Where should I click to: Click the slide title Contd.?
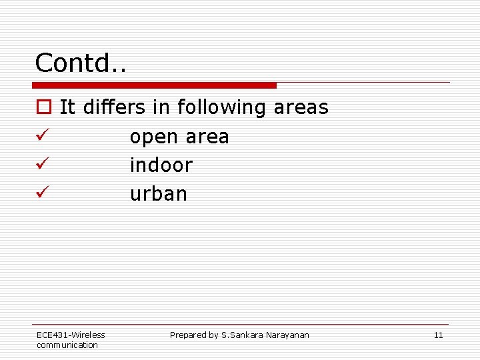[81, 63]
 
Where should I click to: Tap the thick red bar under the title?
[155, 85]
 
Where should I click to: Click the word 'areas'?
[301, 107]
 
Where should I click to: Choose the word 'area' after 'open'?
[207, 137]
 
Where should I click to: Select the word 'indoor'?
[161, 165]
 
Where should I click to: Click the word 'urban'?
[159, 193]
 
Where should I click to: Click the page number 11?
[438, 335]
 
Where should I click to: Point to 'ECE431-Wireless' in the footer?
[71, 335]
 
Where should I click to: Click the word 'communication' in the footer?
[67, 345]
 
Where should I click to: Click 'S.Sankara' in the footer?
[244, 335]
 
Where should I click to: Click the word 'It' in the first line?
[67, 107]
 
